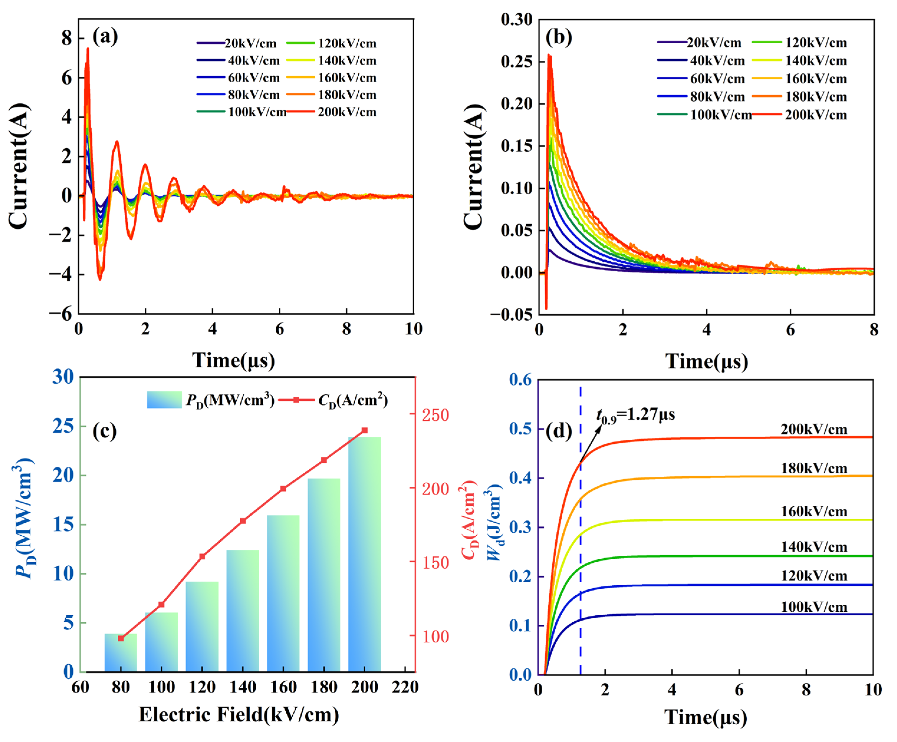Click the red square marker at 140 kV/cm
point(243,521)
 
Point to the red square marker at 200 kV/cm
point(364,430)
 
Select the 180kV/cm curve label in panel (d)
point(814,468)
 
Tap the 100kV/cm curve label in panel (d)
point(814,607)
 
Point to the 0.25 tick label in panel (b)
point(517,62)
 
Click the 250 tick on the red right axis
point(436,415)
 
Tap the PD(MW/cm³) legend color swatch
point(165,400)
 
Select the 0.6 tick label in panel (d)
point(520,380)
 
